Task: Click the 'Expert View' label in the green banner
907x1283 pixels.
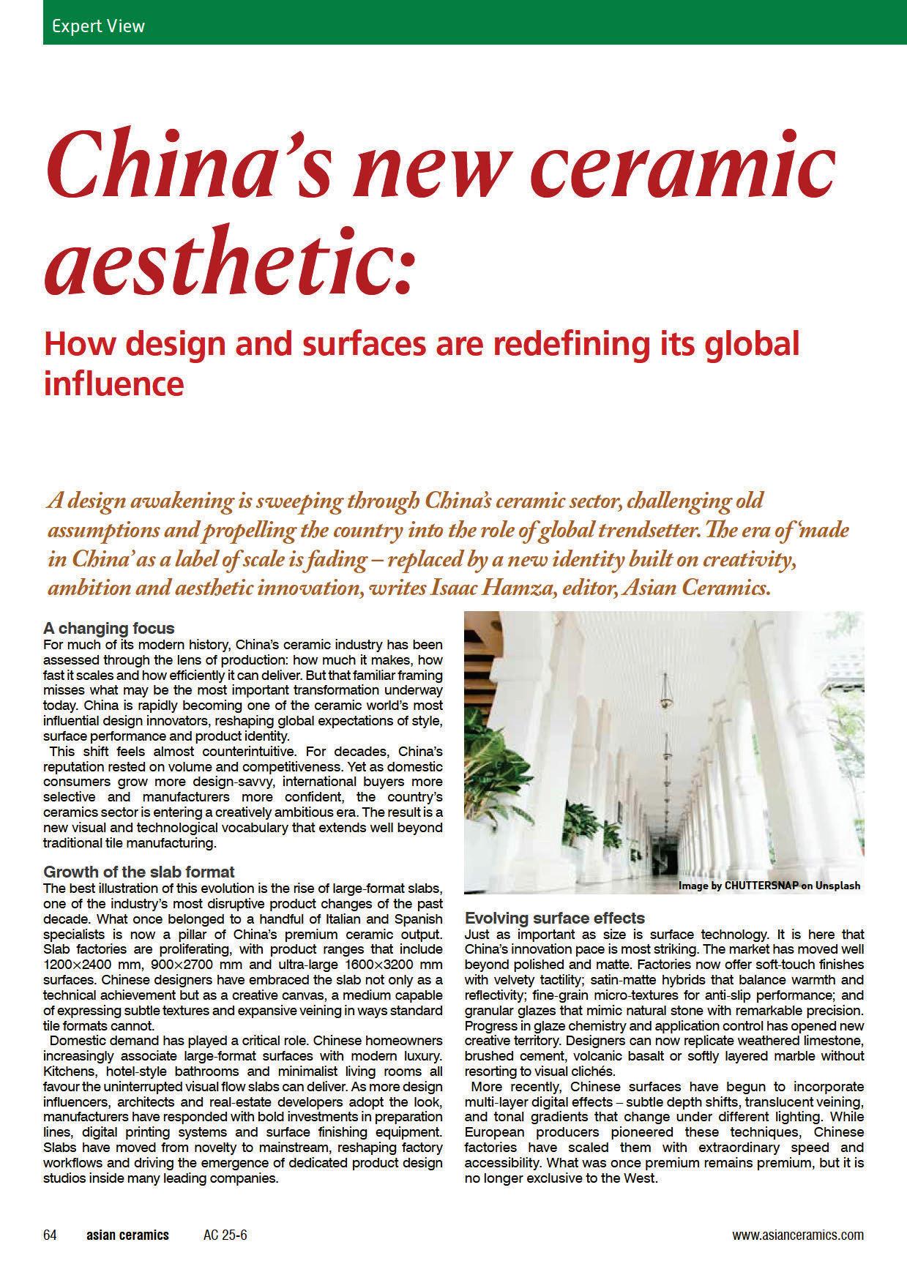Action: [98, 26]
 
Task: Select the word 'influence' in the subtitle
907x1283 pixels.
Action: [113, 383]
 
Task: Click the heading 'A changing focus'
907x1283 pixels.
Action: [109, 628]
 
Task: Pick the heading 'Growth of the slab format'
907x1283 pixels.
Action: [139, 872]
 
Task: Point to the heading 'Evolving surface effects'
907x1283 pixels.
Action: [555, 918]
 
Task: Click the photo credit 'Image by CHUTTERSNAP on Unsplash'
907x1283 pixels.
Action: [769, 886]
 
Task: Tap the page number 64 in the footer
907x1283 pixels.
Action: [51, 1235]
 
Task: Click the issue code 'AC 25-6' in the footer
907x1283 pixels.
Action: [225, 1235]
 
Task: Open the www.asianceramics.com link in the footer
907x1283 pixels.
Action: [798, 1235]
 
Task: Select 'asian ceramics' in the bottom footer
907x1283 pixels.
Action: [127, 1235]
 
